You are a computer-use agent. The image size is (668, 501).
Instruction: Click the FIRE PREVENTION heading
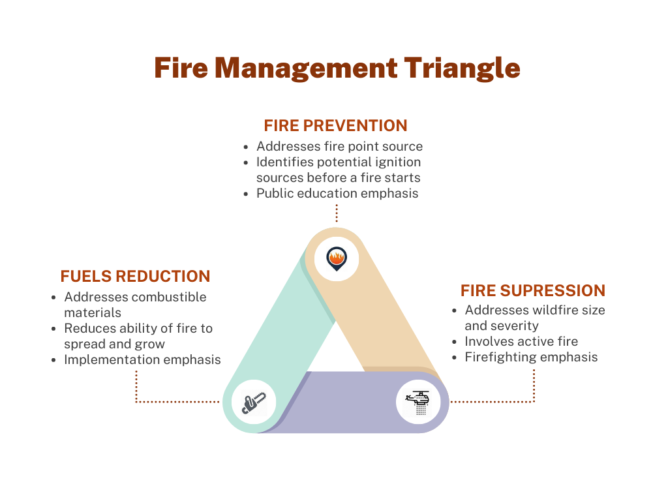point(335,125)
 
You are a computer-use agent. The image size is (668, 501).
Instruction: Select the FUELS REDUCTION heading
point(135,276)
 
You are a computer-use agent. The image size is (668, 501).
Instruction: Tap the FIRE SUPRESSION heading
point(533,290)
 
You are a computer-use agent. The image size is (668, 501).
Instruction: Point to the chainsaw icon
point(254,402)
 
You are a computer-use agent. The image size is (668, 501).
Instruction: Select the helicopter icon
point(418,401)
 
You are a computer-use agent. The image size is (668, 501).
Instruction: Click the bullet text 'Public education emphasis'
point(337,193)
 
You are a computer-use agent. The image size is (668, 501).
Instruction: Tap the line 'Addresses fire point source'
point(339,146)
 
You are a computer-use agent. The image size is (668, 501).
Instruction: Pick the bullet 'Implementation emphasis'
point(142,359)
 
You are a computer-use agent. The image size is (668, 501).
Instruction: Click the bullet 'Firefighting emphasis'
point(531,357)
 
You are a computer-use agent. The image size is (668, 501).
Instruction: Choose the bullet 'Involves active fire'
point(521,341)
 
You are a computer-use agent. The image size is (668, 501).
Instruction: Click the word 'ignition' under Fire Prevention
point(397,162)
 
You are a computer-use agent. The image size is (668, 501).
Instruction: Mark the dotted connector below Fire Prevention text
point(337,213)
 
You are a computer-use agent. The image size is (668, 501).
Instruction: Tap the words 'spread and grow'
point(114,344)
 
